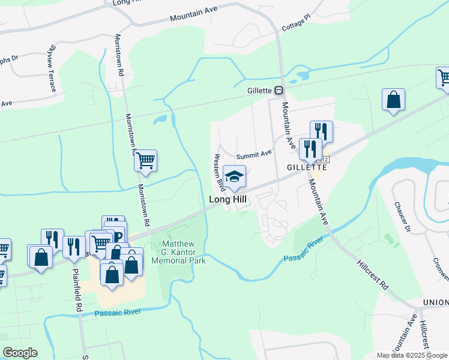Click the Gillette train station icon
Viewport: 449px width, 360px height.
tap(279, 91)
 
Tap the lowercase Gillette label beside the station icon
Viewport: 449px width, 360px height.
tap(261, 91)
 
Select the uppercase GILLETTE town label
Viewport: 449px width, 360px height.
tap(305, 167)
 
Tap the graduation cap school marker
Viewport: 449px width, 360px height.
tap(234, 176)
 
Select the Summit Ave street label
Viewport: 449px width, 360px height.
tap(254, 154)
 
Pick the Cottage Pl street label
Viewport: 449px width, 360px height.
tap(294, 24)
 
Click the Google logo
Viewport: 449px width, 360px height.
tap(20, 352)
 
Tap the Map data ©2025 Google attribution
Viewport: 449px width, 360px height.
tap(411, 355)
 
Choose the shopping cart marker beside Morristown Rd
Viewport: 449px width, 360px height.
tap(145, 161)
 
